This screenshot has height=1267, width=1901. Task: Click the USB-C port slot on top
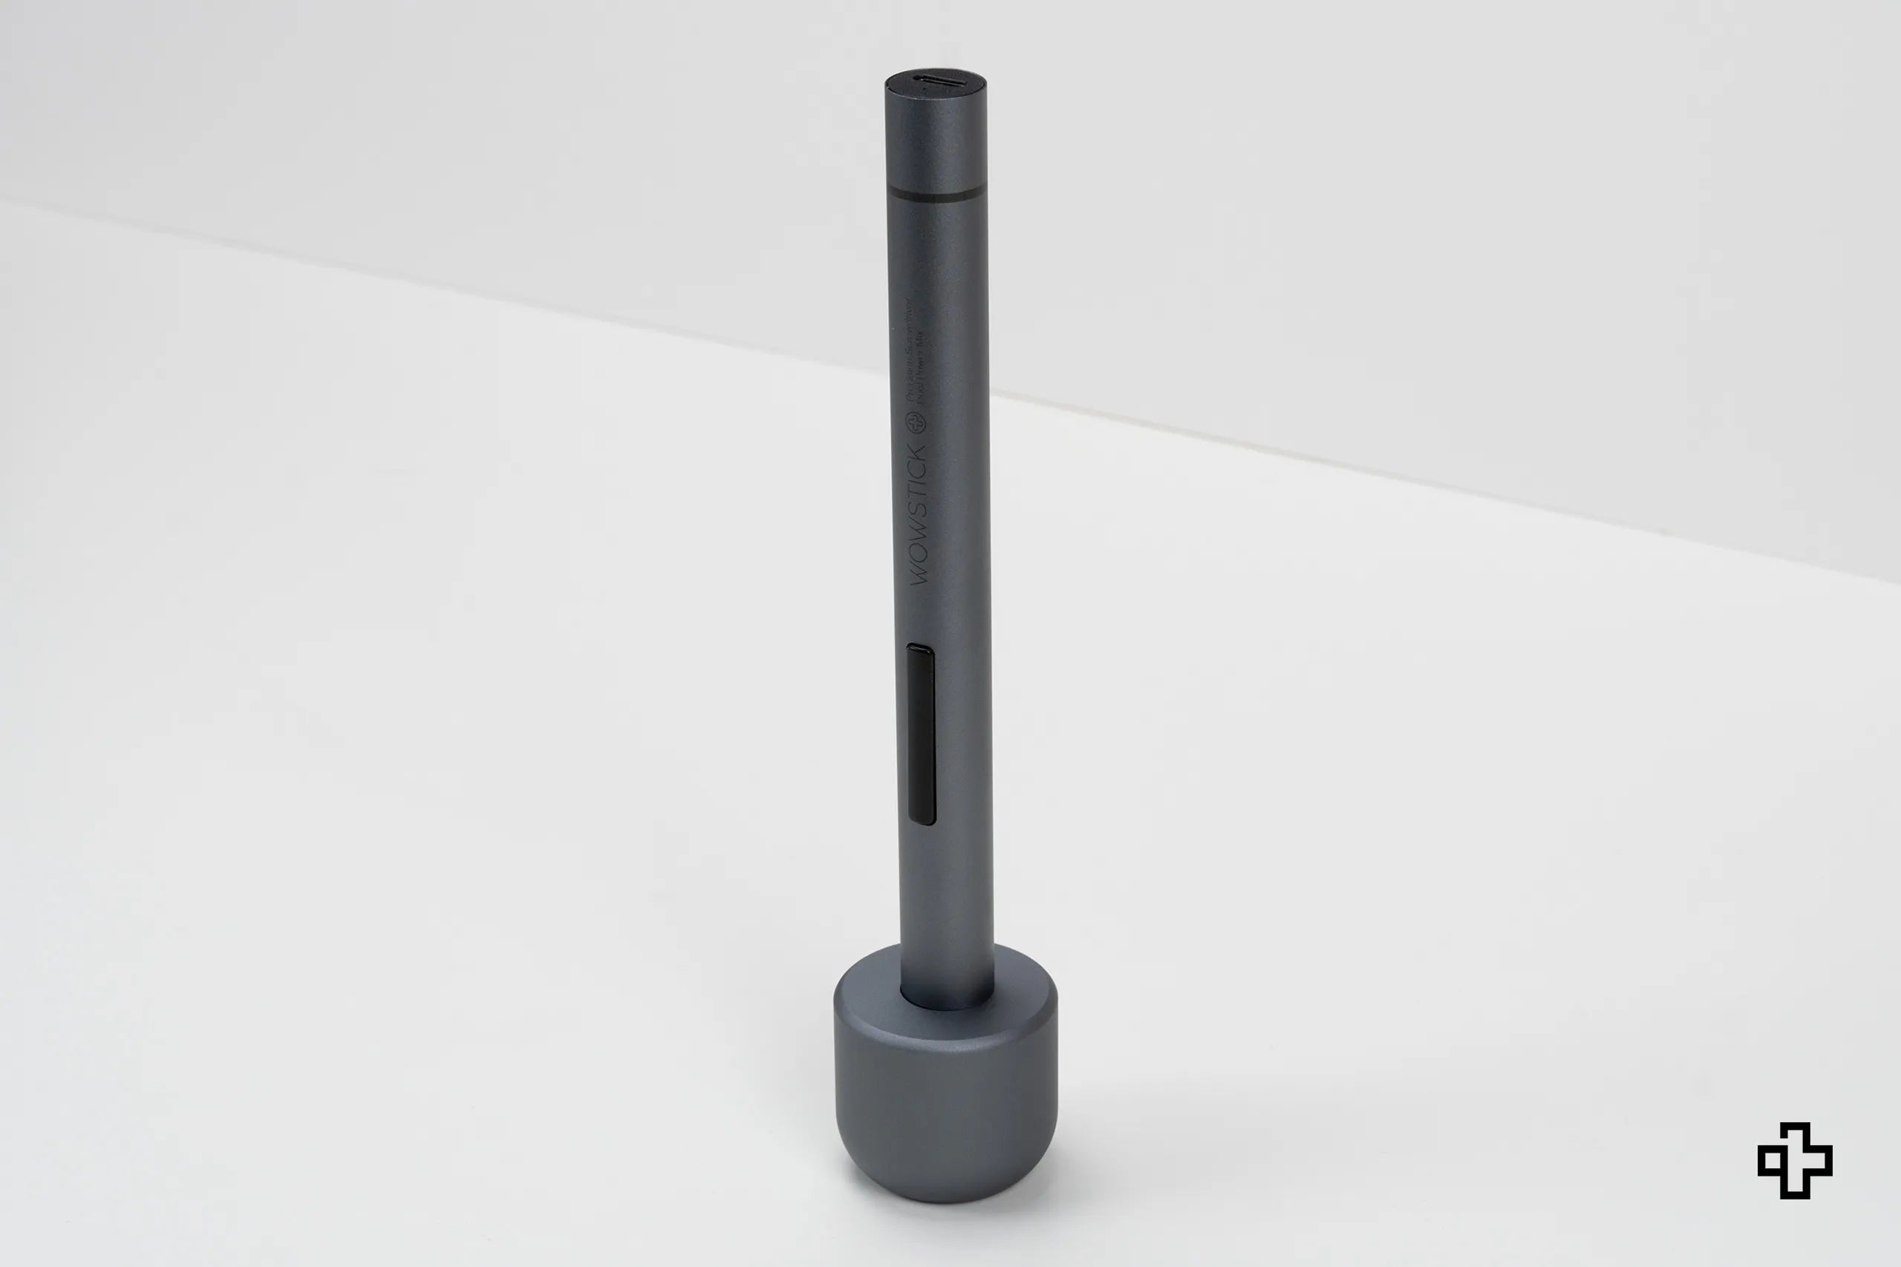935,80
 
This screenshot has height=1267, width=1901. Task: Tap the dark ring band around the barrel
936,193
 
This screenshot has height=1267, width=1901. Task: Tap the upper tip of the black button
919,648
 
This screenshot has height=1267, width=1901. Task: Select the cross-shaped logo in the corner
1794,1160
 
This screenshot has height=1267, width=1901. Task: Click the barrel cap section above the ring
936,137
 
